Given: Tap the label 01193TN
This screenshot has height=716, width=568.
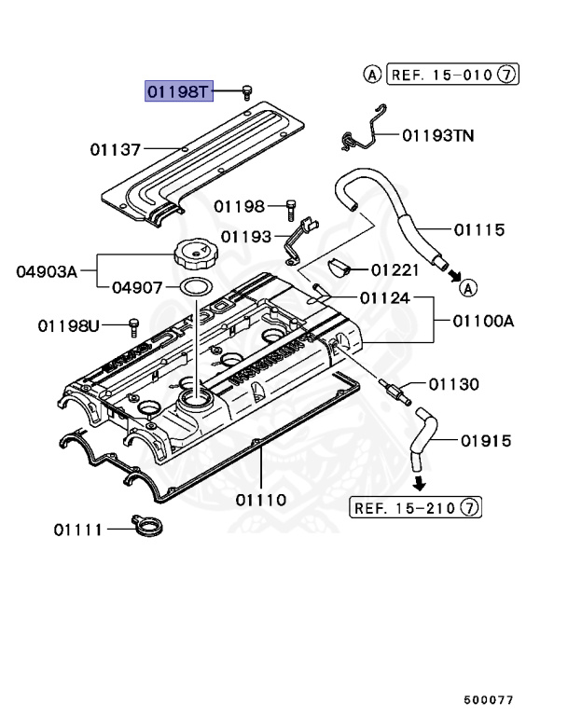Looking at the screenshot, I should point(437,136).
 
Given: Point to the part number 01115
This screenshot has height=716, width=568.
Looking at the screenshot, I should point(479,229).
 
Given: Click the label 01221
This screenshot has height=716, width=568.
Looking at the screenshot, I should point(395,270).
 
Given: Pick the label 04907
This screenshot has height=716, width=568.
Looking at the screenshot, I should point(138,288).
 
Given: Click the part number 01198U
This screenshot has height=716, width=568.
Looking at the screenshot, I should point(68,325).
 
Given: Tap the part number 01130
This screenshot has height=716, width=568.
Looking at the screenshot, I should point(454,383).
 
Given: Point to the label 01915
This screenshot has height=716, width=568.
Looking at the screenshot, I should point(479,440).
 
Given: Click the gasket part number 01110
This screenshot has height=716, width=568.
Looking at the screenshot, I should point(261,500).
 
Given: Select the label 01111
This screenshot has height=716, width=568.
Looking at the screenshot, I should point(77,530).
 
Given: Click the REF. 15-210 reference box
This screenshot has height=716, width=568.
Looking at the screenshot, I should point(416,507).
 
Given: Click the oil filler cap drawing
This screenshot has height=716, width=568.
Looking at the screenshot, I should point(194,253).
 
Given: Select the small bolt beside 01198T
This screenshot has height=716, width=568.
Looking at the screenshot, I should point(247,91).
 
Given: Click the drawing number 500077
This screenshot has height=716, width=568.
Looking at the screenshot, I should point(489,697).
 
